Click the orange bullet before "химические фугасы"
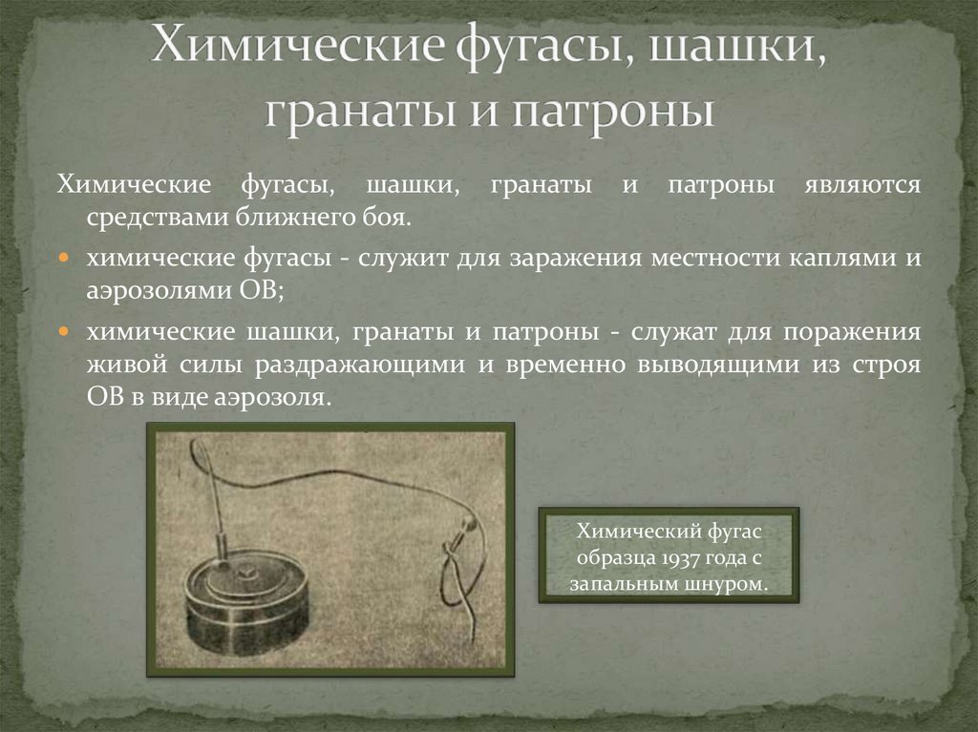[64, 259]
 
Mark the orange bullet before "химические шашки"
[64, 332]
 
